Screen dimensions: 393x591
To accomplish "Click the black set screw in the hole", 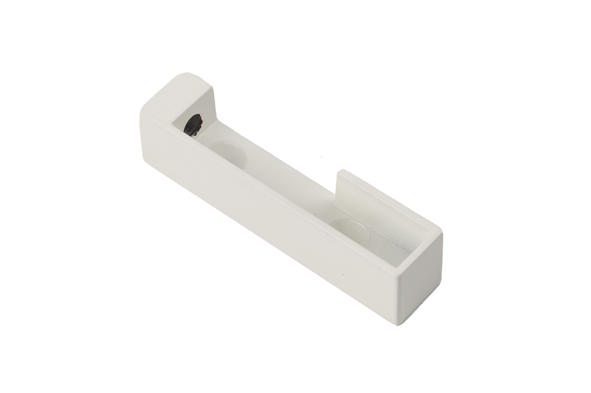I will tap(193, 124).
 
